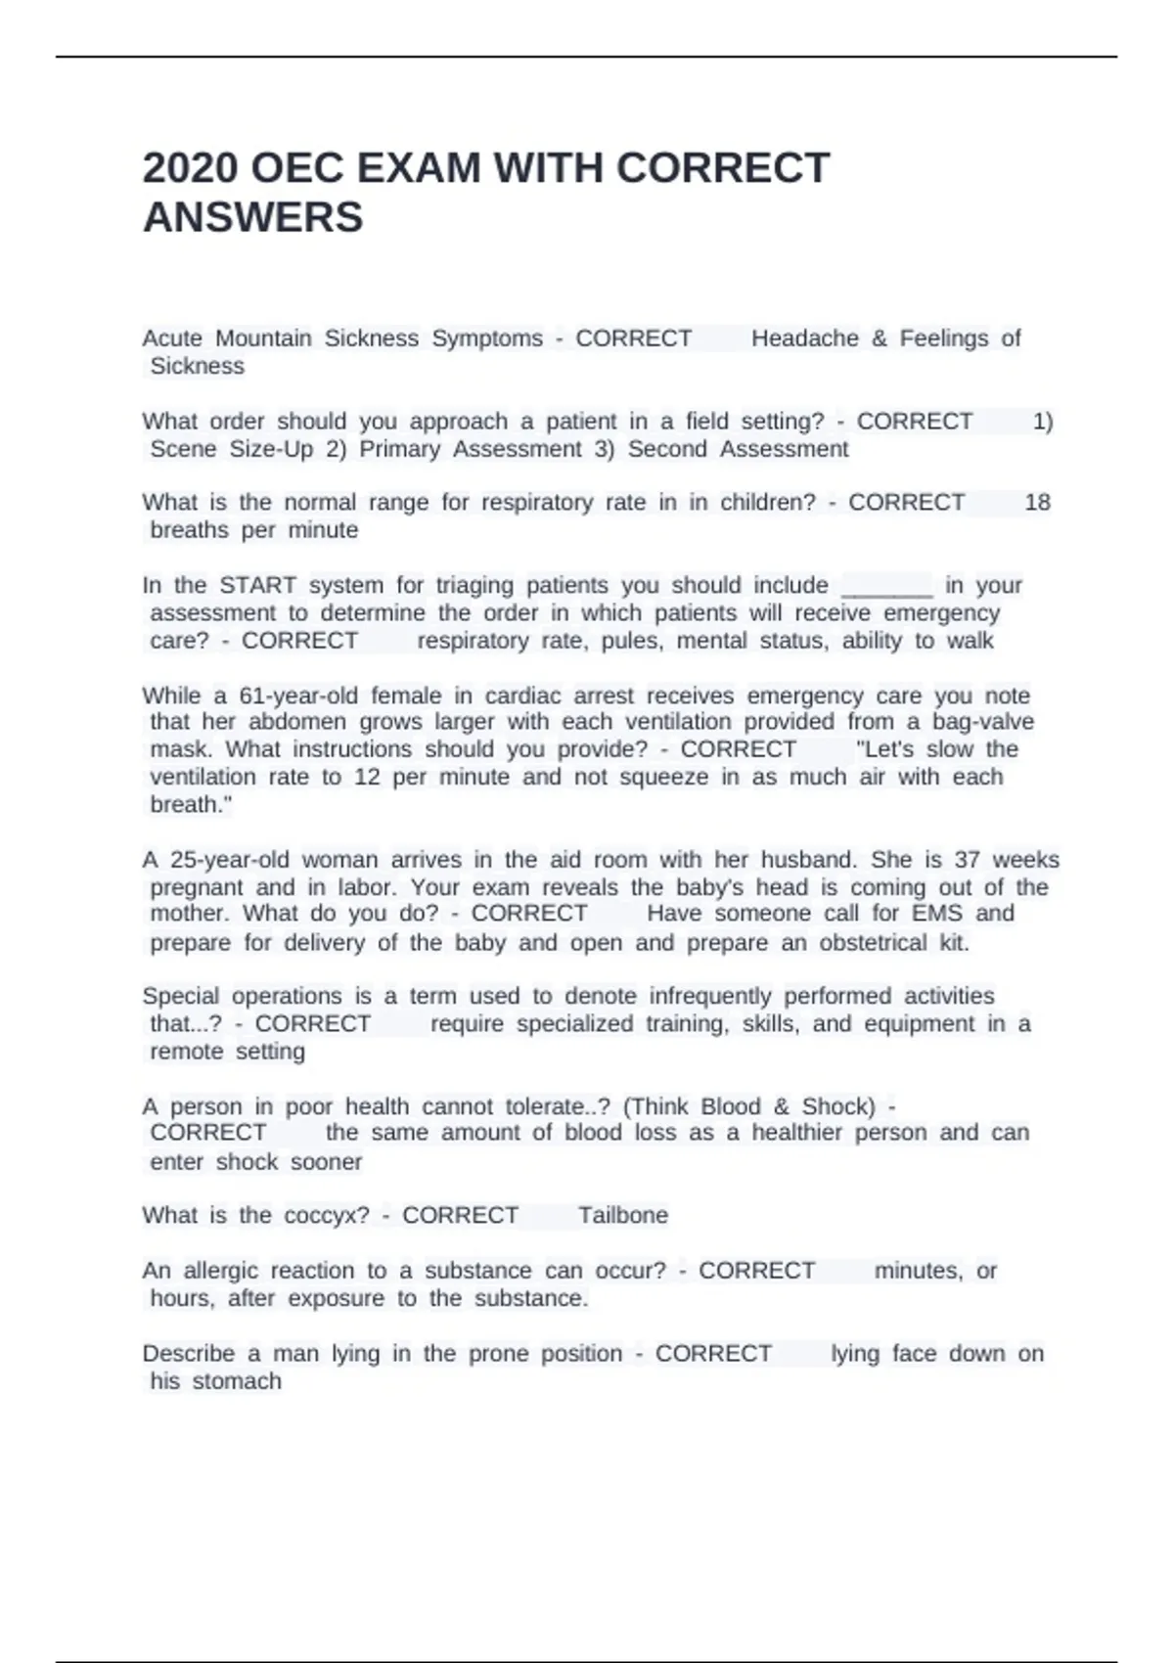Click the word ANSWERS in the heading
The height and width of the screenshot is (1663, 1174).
(x=252, y=217)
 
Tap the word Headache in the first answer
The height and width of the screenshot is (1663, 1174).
(x=805, y=338)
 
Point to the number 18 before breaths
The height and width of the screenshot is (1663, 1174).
(x=1037, y=503)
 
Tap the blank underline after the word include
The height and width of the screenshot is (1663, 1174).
(x=886, y=587)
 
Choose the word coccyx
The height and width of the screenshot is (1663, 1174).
(x=327, y=1216)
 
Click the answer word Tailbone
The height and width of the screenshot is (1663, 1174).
(x=623, y=1216)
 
